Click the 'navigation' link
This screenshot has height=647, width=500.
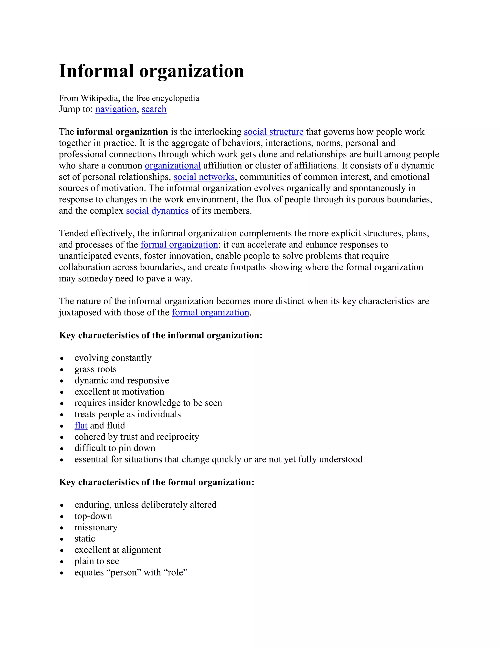116,109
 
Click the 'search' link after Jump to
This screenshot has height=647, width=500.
154,109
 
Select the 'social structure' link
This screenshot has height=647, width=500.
273,132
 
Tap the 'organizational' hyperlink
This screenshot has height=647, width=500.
173,166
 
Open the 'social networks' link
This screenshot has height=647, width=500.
204,177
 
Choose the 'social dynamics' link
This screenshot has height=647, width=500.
157,211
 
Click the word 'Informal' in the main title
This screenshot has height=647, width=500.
96,71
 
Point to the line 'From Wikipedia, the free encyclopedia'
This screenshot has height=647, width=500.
129,98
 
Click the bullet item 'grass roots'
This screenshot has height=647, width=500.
95,369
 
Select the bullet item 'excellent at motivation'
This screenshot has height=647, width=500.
119,392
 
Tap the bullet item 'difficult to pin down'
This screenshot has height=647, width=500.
115,448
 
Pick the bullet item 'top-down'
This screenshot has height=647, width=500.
93,516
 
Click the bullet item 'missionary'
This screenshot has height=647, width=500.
96,527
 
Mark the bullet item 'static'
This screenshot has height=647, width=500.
85,539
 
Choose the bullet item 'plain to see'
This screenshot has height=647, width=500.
97,561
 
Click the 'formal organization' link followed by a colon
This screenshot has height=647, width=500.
179,245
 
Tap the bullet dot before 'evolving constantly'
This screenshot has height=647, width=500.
62,358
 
